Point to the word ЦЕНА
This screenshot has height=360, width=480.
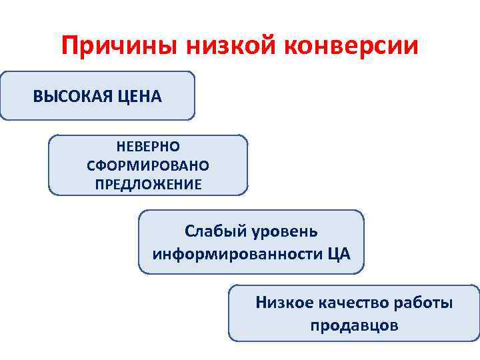(x=139, y=97)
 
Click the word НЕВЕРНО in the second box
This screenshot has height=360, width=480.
(x=148, y=145)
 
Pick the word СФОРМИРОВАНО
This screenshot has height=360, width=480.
(x=148, y=165)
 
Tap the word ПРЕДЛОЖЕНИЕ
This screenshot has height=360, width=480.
(x=148, y=184)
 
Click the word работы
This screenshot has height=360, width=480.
(x=429, y=303)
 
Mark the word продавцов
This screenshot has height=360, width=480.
(x=354, y=326)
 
